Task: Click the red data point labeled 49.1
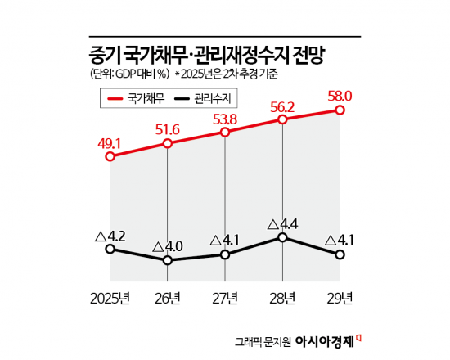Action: pyautogui.click(x=110, y=155)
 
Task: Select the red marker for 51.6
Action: pyautogui.click(x=167, y=143)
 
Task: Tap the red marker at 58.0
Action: pyautogui.click(x=340, y=110)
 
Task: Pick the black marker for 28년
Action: pyautogui.click(x=282, y=237)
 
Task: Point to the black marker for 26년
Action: pyautogui.click(x=167, y=260)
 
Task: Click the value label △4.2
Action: pyautogui.click(x=110, y=235)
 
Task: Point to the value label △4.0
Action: pyautogui.click(x=167, y=245)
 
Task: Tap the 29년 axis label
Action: pyautogui.click(x=339, y=296)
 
